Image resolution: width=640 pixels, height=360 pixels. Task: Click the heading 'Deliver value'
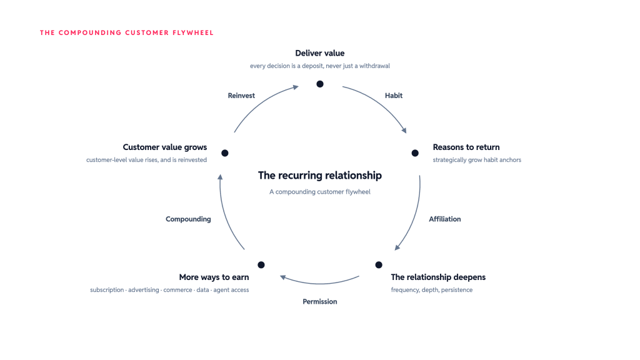[319, 53]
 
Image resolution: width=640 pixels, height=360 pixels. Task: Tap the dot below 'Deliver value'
[320, 84]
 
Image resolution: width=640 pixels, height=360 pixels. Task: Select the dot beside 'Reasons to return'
[415, 153]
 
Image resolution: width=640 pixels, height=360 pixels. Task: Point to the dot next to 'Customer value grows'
[225, 153]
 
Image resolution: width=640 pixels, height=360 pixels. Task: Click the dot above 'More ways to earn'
[261, 265]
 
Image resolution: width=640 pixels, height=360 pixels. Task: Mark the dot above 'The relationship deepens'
[379, 265]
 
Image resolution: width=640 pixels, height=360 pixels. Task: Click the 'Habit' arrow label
[394, 96]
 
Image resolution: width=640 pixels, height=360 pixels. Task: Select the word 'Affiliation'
[444, 219]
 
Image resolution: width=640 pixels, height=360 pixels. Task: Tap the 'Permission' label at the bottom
[319, 302]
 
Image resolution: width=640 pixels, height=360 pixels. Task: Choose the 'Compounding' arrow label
[188, 219]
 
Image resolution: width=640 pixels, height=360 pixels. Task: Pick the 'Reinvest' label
[241, 96]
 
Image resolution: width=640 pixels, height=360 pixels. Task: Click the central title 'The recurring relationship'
[319, 176]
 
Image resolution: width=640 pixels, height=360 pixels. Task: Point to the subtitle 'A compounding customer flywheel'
[319, 192]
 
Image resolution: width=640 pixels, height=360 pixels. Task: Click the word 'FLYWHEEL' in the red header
[193, 32]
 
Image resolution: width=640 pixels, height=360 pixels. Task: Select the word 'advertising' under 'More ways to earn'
[144, 290]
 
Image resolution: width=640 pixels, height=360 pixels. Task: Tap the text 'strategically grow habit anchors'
[477, 160]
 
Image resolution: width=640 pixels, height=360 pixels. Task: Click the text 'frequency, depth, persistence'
[431, 290]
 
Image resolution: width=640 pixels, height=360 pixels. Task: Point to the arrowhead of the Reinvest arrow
[296, 87]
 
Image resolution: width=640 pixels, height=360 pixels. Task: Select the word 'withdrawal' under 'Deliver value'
[374, 66]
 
